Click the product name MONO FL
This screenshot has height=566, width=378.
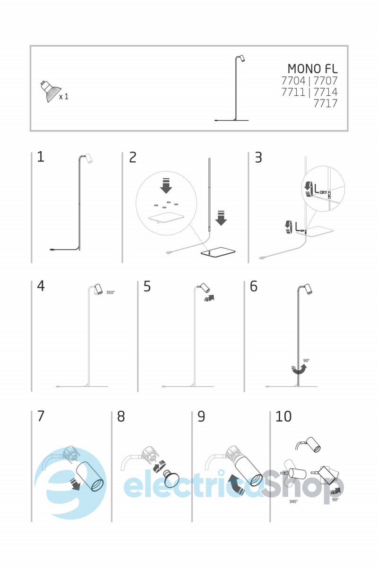pos(312,68)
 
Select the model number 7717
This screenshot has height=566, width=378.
pos(326,103)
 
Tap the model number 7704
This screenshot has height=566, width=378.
pos(293,81)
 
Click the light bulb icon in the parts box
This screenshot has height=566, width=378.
pos(50,92)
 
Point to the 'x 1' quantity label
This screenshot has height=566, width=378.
pos(64,97)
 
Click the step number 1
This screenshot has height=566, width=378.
pos(41,157)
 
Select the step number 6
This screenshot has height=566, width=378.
pos(253,286)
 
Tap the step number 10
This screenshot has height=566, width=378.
pos(283,416)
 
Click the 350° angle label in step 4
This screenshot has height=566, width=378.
pos(110,292)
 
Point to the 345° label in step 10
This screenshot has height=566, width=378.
pos(293,501)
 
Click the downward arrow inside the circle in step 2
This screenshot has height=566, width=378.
pos(166,186)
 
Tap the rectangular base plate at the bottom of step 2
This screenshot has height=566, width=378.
pos(218,252)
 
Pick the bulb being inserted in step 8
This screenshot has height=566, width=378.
pos(171,478)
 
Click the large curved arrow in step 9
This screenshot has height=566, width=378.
pos(236,483)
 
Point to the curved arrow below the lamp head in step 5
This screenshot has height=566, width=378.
pos(210,298)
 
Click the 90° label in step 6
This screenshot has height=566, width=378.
pos(306,360)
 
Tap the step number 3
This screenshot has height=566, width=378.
pos(258,157)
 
